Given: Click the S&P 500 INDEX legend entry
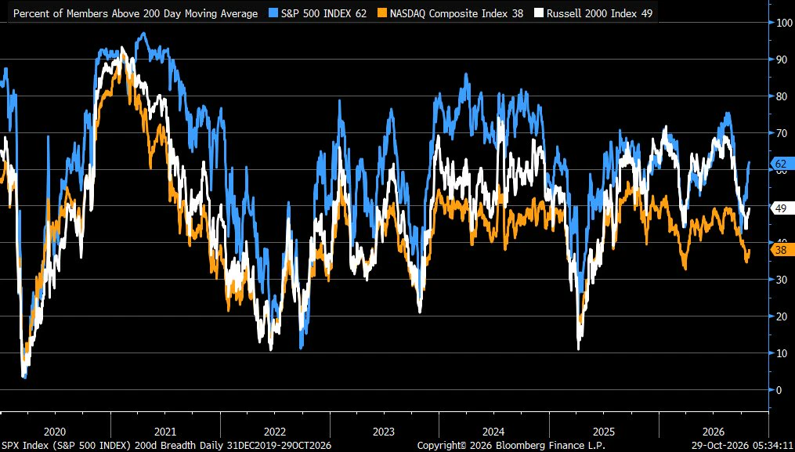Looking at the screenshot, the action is (x=323, y=13).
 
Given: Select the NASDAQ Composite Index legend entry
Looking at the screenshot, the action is (x=457, y=13).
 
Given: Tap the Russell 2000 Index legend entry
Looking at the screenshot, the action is (x=600, y=13).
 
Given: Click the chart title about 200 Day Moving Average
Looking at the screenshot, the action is (x=136, y=13).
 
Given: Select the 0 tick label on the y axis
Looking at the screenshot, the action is (x=779, y=389).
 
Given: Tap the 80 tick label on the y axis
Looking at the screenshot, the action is (x=782, y=96).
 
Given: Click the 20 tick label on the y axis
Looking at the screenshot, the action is (x=782, y=316).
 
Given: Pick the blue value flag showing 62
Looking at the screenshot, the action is (x=780, y=164).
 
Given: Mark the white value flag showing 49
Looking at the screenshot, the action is (x=780, y=208).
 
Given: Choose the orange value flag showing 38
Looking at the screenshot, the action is (x=780, y=250).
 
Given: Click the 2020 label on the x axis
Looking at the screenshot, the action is (x=55, y=432).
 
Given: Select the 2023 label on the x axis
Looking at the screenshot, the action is (x=384, y=432).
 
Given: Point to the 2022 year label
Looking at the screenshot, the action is (x=274, y=432).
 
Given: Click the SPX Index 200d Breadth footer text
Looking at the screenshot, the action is (x=167, y=445).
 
